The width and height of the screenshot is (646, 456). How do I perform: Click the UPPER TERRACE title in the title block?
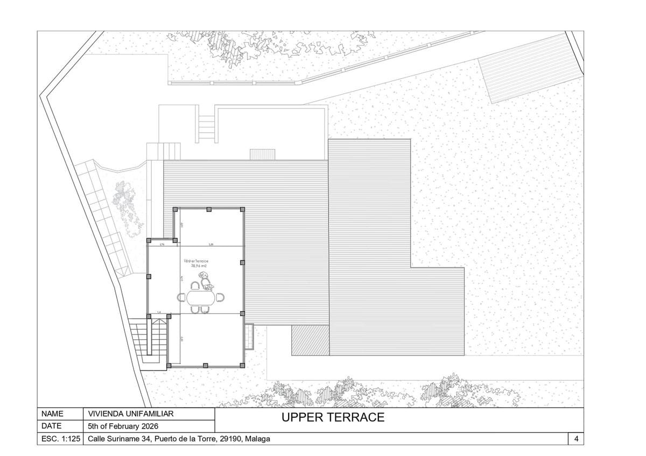click(333, 417)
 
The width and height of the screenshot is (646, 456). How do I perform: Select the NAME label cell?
click(52, 414)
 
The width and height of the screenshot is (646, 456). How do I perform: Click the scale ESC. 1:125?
click(61, 439)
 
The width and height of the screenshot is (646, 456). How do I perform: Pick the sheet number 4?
click(576, 439)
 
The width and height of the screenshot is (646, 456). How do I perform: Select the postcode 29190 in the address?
click(232, 439)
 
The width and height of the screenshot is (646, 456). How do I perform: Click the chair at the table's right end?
click(220, 297)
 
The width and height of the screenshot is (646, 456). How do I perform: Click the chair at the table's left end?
click(182, 297)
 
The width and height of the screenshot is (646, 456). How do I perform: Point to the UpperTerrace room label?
click(196, 260)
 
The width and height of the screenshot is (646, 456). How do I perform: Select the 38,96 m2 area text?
click(196, 266)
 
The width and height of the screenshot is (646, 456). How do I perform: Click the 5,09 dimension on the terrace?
click(211, 244)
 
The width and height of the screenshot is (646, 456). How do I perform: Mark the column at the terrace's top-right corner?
click(243, 209)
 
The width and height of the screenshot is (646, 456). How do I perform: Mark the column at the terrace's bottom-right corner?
click(243, 366)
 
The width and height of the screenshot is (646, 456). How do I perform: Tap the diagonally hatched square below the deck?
click(310, 340)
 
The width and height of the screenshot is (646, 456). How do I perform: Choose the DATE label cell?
click(52, 426)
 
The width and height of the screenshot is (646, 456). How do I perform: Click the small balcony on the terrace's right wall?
click(249, 336)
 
